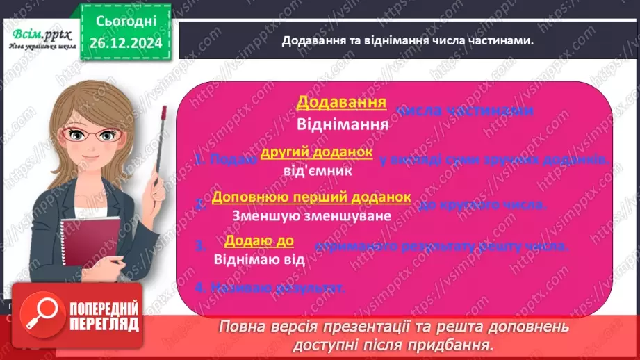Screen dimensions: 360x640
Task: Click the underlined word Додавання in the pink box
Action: tap(341, 104)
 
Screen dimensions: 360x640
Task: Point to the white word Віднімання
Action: tap(341, 126)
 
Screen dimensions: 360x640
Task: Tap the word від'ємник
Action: tap(318, 170)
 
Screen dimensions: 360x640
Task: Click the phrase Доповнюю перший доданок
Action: tap(311, 197)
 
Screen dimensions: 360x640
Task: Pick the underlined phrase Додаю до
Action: tap(259, 240)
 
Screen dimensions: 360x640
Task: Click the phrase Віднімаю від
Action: tap(259, 260)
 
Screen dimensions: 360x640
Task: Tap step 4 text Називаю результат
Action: tap(270, 288)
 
